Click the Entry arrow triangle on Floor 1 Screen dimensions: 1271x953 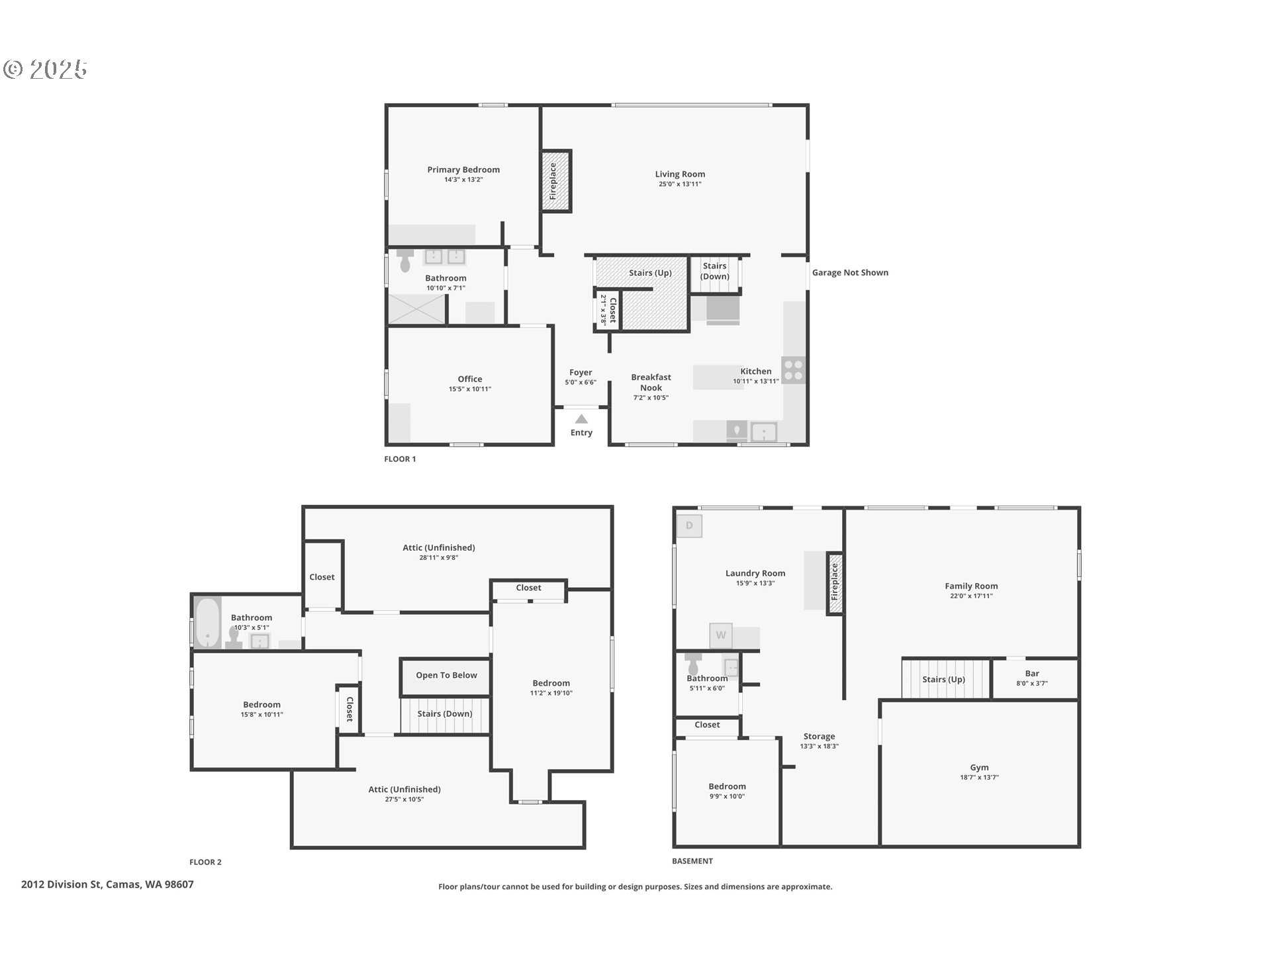[x=581, y=419]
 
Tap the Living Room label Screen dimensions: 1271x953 [x=680, y=174]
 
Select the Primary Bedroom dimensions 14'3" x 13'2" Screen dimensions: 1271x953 [x=463, y=179]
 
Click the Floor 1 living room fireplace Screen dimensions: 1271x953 [x=556, y=181]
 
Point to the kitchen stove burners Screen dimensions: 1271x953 [x=794, y=371]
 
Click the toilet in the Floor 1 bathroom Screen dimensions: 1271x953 [x=405, y=261]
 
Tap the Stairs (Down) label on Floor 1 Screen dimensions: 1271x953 [x=715, y=271]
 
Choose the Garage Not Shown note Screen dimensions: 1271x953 [x=850, y=273]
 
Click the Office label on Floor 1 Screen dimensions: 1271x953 [x=470, y=379]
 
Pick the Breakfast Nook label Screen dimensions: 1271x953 [x=651, y=383]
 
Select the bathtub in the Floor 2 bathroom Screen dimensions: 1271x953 [x=208, y=622]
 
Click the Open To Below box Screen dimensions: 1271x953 [x=446, y=676]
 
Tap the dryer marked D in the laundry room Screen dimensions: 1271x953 [x=689, y=525]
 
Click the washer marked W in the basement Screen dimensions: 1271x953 [x=721, y=635]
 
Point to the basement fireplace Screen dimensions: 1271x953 [x=835, y=583]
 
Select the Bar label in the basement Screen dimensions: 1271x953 [x=1032, y=674]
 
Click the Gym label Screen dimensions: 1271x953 [x=979, y=768]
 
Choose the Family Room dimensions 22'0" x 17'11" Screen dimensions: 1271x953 [x=971, y=596]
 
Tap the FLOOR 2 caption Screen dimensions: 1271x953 [x=205, y=862]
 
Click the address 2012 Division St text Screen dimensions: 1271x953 [x=62, y=884]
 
